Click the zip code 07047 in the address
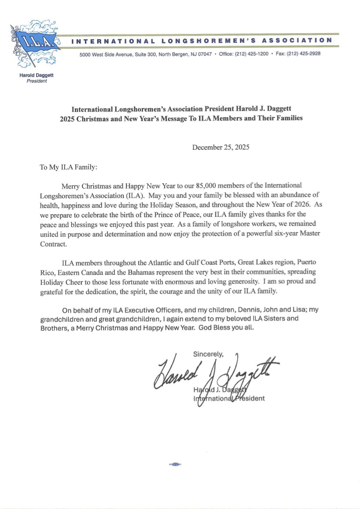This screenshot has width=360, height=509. (x=204, y=54)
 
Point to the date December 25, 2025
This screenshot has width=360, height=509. (x=221, y=147)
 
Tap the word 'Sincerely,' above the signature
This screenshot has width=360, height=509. (x=208, y=354)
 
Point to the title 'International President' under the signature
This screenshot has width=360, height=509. (x=229, y=398)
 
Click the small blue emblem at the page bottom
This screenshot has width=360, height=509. (x=175, y=465)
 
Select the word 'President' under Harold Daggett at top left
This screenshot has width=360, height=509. (x=37, y=81)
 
